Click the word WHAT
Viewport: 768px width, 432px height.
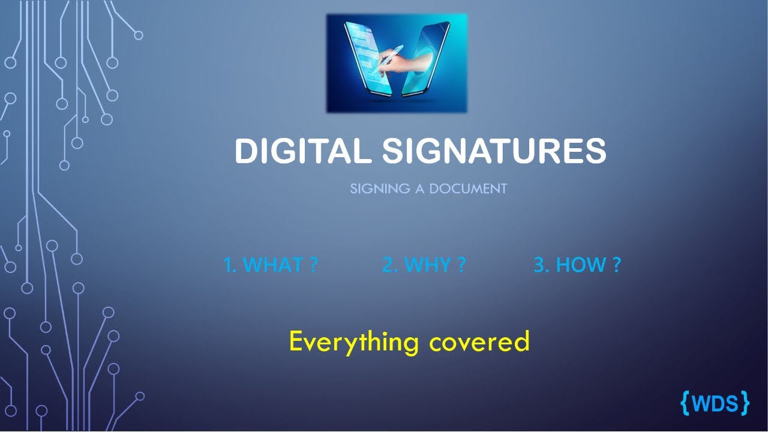[x=273, y=265]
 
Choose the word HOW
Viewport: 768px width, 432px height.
[x=580, y=265]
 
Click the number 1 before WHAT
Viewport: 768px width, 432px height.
[x=228, y=265]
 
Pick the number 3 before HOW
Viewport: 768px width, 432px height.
[x=539, y=265]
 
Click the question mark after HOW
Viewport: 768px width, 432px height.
[x=616, y=265]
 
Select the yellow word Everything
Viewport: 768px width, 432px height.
[x=353, y=341]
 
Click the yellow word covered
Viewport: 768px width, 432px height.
[x=479, y=341]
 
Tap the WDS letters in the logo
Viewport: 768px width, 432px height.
[x=715, y=403]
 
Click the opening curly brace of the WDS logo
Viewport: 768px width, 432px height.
[x=686, y=403]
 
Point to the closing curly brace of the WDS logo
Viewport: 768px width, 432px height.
[x=745, y=403]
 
